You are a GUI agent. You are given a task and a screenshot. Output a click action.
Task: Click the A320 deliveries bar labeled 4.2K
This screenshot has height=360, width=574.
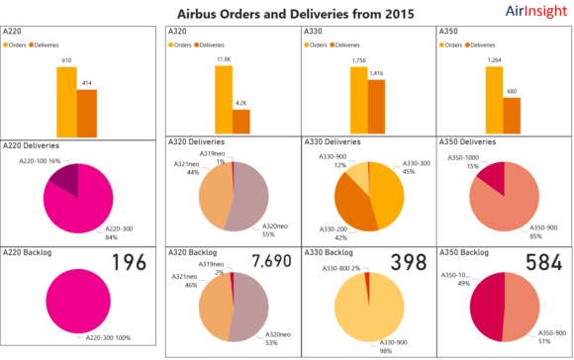click(241, 121)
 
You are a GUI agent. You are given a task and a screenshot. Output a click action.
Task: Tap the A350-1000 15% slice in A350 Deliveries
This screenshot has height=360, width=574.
click(493, 171)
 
